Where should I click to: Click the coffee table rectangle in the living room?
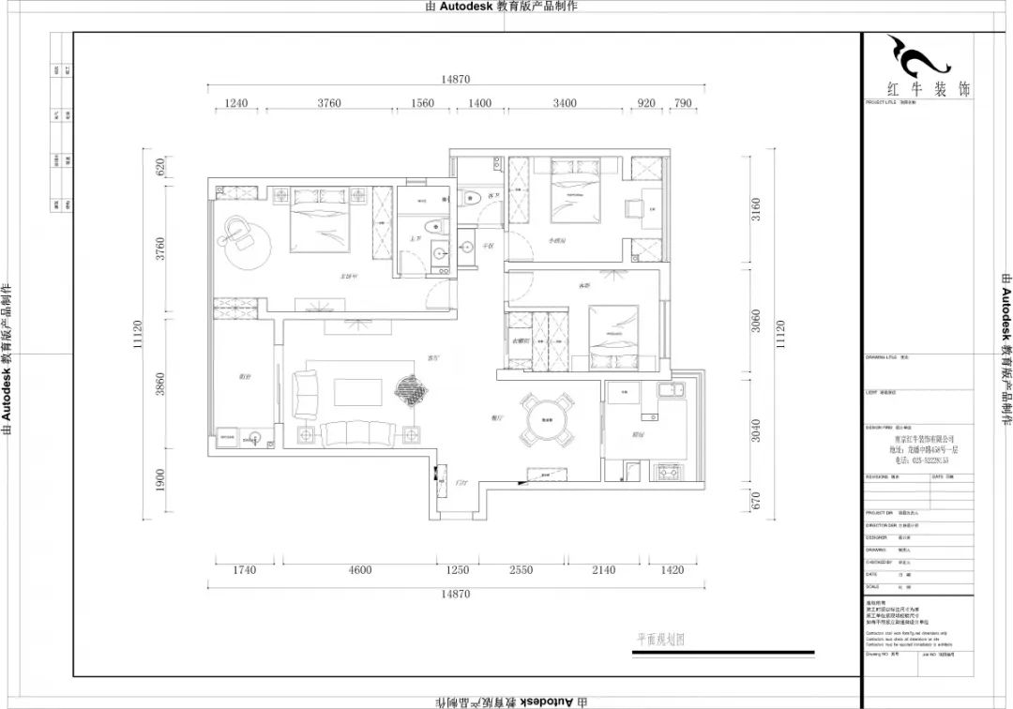(x=356, y=391)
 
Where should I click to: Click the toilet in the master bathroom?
(x=431, y=227)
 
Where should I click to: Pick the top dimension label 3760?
(x=328, y=103)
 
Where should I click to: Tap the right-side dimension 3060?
(x=756, y=322)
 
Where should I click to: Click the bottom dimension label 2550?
(x=521, y=570)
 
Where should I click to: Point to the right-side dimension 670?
(x=756, y=504)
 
